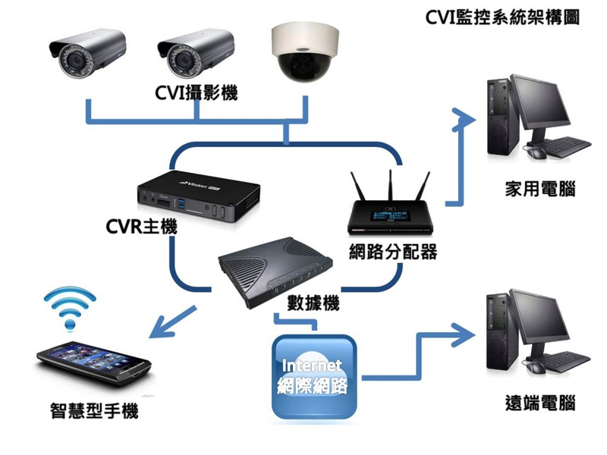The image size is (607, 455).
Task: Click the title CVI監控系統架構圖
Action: [503, 17]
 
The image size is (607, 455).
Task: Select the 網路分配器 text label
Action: [392, 252]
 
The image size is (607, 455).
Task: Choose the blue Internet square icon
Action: [314, 375]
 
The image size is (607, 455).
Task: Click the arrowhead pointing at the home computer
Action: [460, 115]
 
